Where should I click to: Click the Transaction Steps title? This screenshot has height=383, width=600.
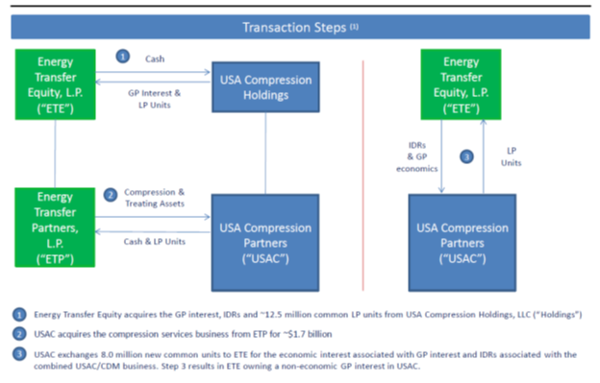click(x=296, y=26)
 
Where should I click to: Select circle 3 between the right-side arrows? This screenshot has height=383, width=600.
click(x=466, y=156)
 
